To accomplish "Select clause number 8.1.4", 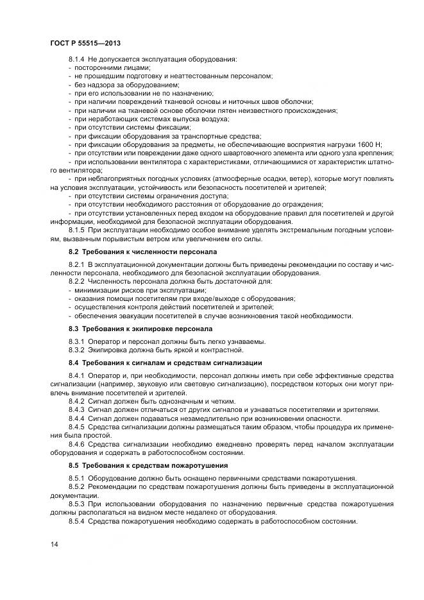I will (76, 60).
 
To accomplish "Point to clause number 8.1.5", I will (76, 230).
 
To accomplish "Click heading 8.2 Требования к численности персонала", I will (142, 253).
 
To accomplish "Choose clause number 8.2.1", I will (76, 265).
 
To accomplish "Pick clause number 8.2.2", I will (76, 282).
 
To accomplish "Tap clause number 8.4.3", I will (76, 409).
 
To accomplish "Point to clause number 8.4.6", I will (76, 443).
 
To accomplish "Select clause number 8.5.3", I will (76, 504).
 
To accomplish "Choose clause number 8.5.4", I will (76, 521).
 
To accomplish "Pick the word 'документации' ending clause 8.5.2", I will (71, 496).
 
